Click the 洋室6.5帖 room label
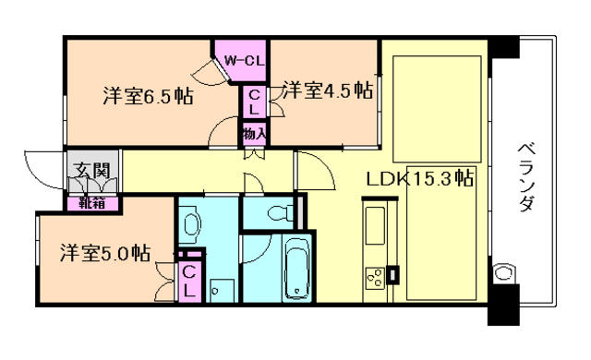click(x=147, y=95)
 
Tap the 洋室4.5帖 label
click(x=328, y=90)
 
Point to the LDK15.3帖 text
click(x=419, y=178)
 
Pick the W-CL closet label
click(x=241, y=61)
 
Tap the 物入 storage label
click(x=255, y=134)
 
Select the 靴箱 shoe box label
click(x=90, y=202)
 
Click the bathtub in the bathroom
click(x=298, y=268)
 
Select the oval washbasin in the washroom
click(x=190, y=224)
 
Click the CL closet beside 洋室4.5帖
click(x=255, y=101)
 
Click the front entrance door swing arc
click(x=42, y=166)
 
